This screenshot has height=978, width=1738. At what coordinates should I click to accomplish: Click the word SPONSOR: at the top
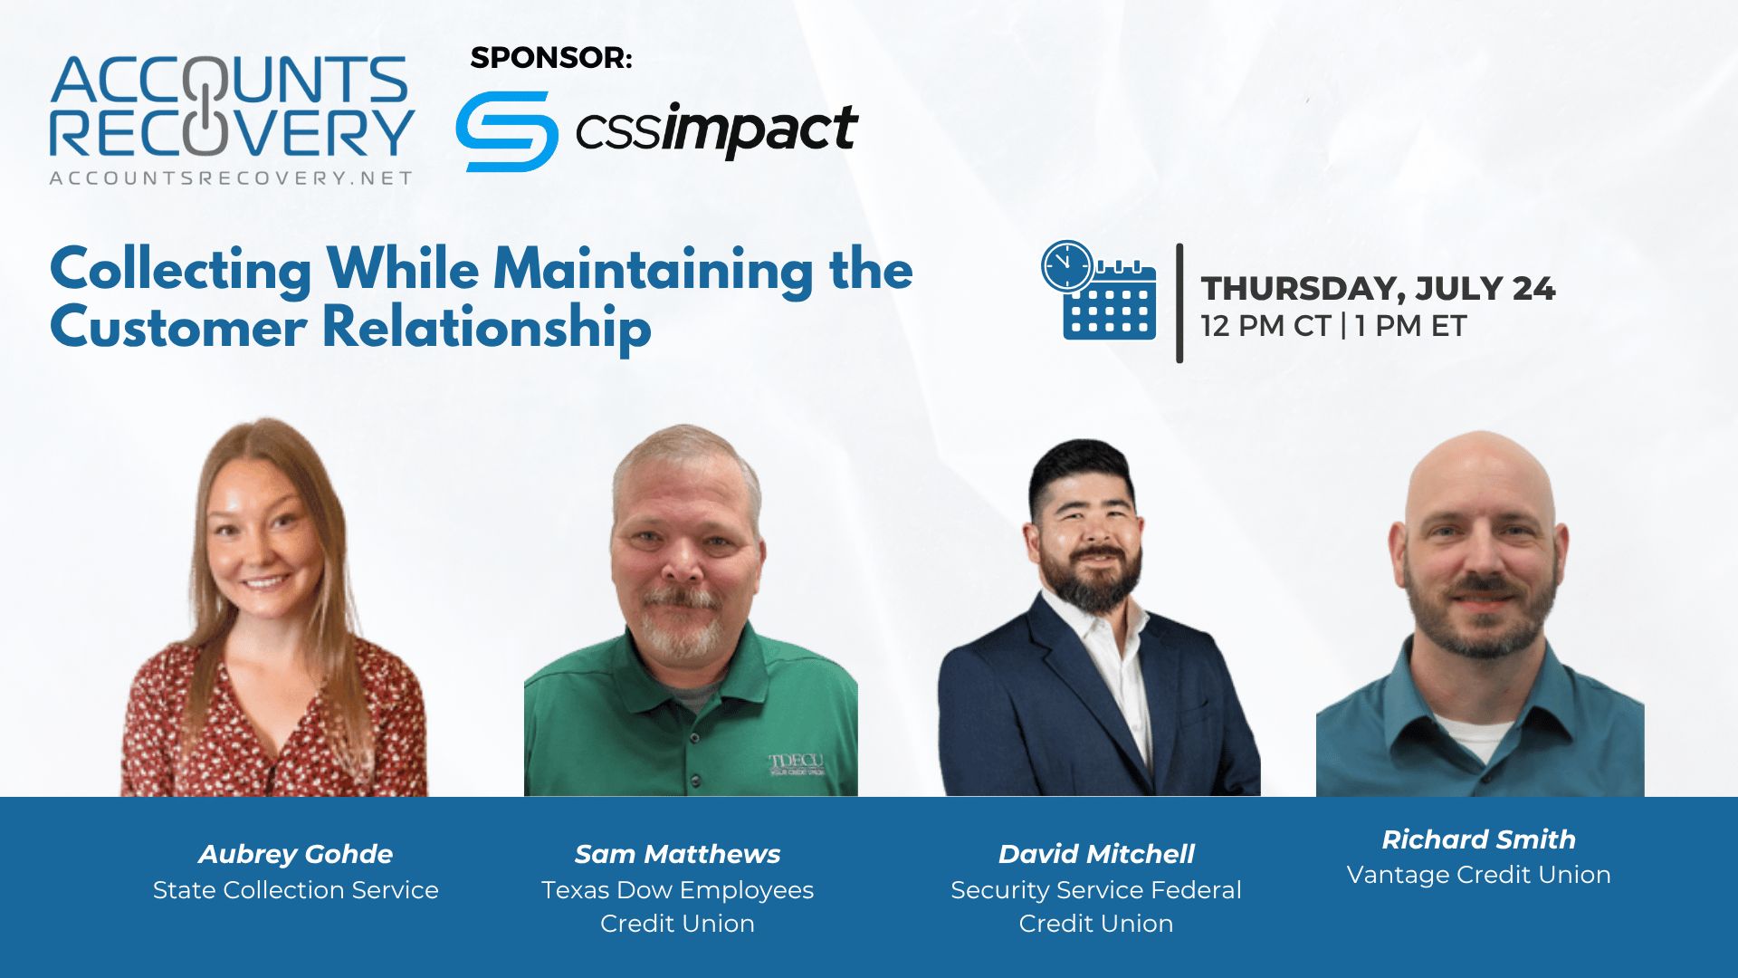tap(551, 57)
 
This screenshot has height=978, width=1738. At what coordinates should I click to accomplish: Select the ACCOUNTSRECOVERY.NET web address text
tap(231, 178)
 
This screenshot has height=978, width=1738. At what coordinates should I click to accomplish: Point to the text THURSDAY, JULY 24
tap(1378, 289)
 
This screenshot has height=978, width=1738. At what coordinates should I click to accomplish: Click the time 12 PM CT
tap(1265, 326)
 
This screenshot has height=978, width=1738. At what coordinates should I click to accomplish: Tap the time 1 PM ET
tap(1410, 326)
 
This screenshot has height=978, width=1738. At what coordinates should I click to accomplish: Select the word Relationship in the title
tap(487, 328)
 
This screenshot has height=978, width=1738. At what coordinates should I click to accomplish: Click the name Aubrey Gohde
tap(296, 854)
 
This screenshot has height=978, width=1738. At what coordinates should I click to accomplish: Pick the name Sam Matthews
tap(677, 854)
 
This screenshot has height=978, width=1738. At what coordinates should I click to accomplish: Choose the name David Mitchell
tap(1096, 854)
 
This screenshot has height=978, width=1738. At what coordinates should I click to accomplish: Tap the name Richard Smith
tap(1478, 839)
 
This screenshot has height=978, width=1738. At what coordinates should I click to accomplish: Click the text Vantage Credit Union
tap(1478, 875)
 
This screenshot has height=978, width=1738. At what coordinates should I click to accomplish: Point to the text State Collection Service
tap(296, 890)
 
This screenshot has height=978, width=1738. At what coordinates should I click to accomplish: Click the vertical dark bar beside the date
tap(1179, 303)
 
